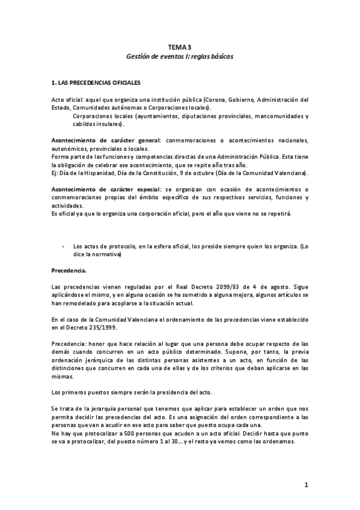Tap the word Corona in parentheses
[215, 99]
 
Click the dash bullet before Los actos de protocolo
[64, 246]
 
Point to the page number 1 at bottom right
[306, 485]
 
